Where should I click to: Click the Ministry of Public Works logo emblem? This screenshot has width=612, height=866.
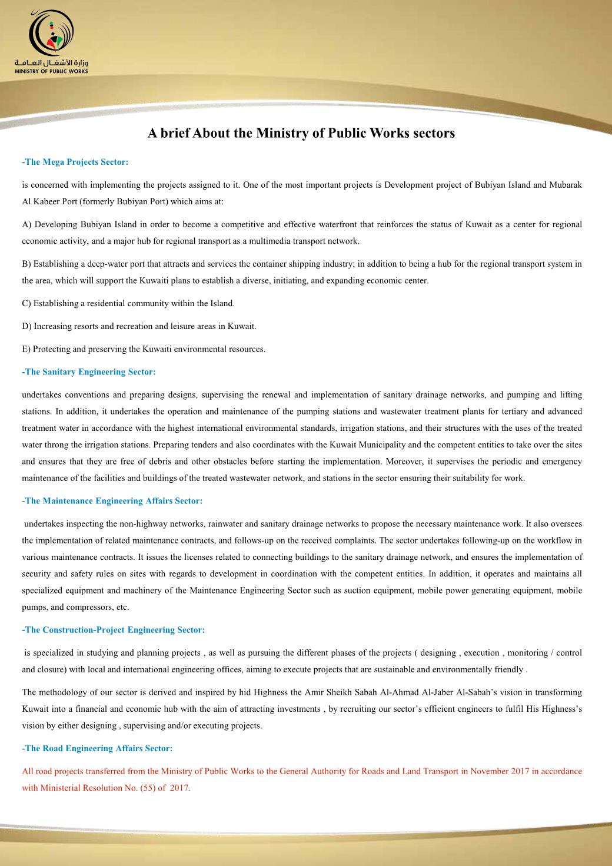click(x=52, y=33)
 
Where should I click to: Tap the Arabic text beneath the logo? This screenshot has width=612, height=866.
click(x=52, y=62)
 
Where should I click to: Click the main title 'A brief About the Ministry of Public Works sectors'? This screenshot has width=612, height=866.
click(x=301, y=133)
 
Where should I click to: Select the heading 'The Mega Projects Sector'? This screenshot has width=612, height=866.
click(x=75, y=161)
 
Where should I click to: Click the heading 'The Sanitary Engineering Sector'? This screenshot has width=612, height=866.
click(x=89, y=371)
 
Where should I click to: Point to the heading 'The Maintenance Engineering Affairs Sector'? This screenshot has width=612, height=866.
click(x=112, y=500)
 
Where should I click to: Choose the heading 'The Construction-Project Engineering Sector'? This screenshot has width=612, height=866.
click(x=114, y=630)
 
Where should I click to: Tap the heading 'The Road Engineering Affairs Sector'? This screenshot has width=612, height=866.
click(x=97, y=748)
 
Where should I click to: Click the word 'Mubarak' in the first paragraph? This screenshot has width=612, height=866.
click(x=566, y=185)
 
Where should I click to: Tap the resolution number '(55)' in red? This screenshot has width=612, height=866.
click(x=147, y=788)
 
